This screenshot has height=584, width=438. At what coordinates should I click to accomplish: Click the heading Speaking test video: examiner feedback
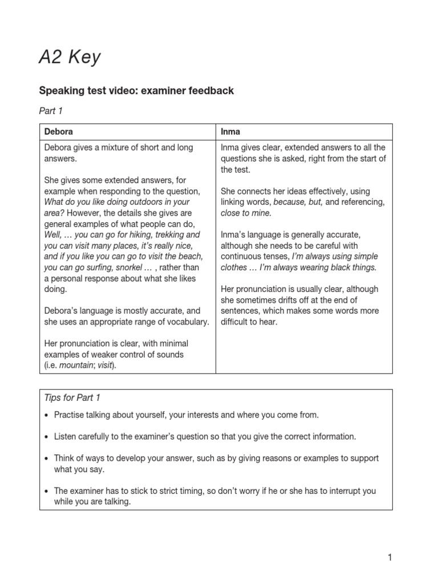coord(136,91)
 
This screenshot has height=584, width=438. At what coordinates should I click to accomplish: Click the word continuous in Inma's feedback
coord(239,257)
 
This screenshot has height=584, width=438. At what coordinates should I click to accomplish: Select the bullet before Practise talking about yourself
coord(46,415)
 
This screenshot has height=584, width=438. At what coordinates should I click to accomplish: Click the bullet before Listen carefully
coord(46,436)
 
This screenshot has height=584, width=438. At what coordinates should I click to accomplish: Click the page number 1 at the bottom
coord(390,558)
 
